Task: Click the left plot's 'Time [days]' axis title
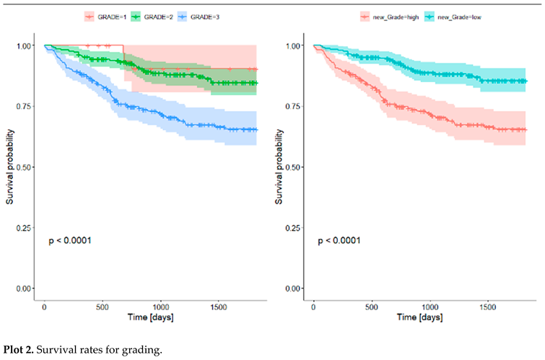(147, 317)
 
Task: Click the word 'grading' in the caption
(144, 349)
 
